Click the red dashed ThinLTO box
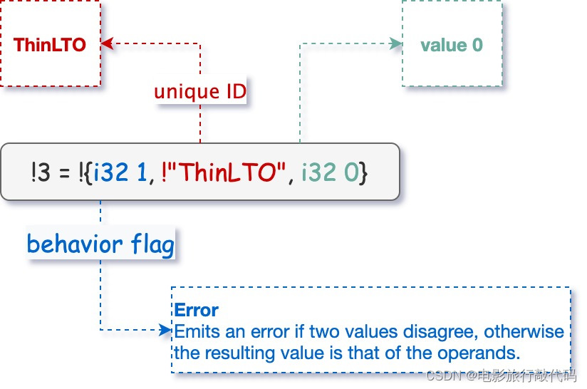(50, 44)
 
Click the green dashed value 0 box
(452, 44)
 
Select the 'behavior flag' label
(100, 244)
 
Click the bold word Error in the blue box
(196, 311)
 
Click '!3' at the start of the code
(39, 172)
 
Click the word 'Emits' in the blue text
(192, 331)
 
